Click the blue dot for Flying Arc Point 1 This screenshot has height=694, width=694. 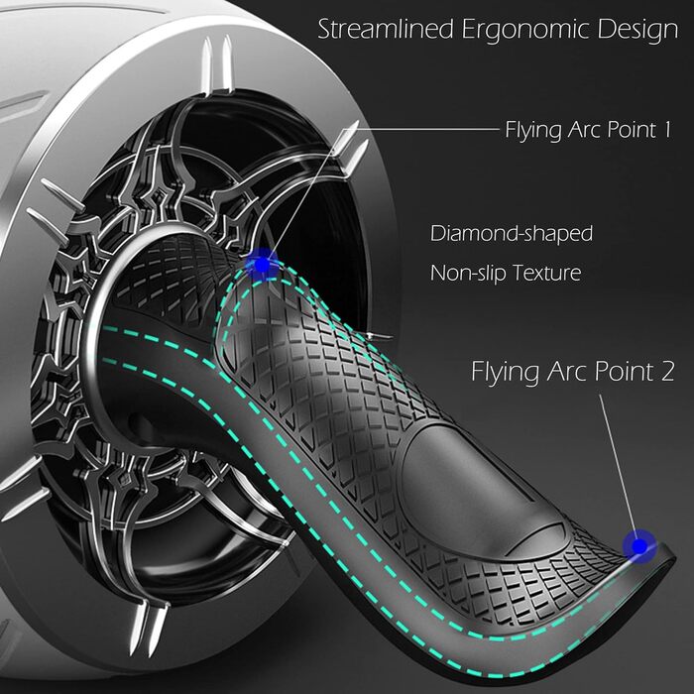pos(263,264)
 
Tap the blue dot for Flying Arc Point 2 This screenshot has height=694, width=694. pos(638,544)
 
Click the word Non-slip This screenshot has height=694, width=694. pos(466,273)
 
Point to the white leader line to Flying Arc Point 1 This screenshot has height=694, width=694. pos(416,129)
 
